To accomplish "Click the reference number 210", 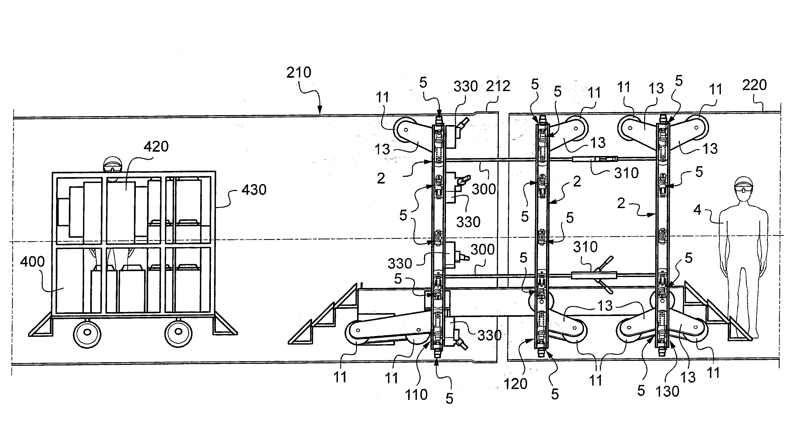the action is [x=299, y=73].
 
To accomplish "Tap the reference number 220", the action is [x=754, y=85].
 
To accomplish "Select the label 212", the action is [x=498, y=86].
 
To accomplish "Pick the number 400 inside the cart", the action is [x=32, y=262].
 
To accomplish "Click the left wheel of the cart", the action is [x=87, y=333].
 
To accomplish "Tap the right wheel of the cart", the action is [x=178, y=332].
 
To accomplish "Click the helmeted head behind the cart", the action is [x=113, y=165].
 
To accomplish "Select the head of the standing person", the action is [x=744, y=189].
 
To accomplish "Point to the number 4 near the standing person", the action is [x=697, y=210].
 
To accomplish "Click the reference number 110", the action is [x=416, y=395].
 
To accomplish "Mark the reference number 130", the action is [x=667, y=392].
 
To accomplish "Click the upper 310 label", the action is [x=626, y=173].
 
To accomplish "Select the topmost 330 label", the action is [x=465, y=87].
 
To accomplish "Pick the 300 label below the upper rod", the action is [x=484, y=189].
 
